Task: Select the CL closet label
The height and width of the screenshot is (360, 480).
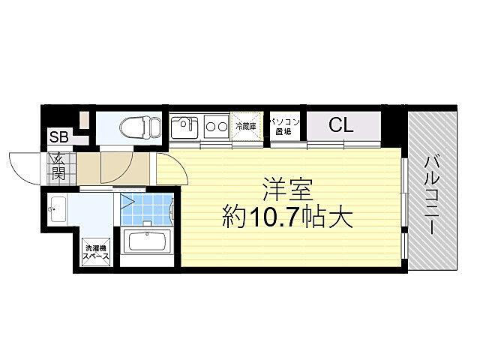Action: click(340, 125)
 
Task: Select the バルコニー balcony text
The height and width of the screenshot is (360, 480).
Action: click(433, 195)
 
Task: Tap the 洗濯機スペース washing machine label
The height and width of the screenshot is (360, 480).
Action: click(96, 253)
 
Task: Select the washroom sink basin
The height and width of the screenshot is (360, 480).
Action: click(58, 208)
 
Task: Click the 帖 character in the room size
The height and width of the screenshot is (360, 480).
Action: click(314, 218)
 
